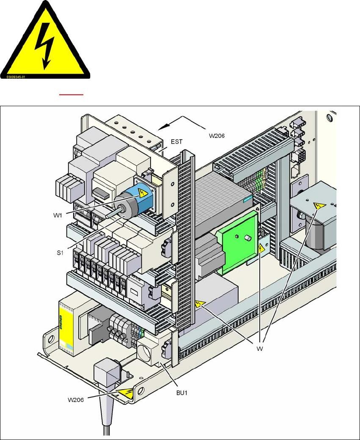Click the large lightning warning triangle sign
45,42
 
